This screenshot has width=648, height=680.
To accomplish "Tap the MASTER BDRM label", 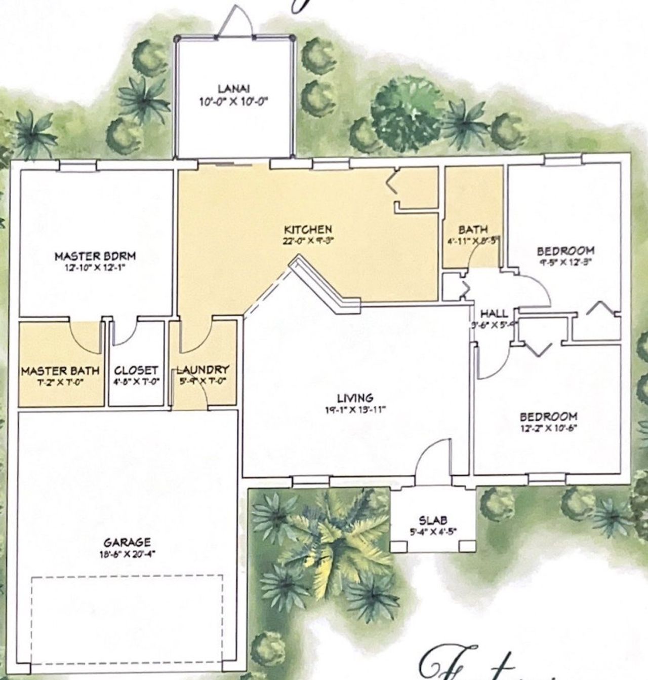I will click(x=95, y=256).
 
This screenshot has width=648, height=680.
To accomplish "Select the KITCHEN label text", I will click(x=308, y=230).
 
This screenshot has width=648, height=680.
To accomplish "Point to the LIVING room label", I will click(x=356, y=398).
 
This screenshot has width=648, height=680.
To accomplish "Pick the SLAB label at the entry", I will click(x=433, y=520).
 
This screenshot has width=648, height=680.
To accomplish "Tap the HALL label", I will click(x=494, y=314).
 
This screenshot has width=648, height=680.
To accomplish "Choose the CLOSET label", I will click(x=136, y=370).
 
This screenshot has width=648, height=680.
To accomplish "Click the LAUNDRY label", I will click(x=202, y=370).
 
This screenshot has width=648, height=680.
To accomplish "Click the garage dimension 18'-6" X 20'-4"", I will click(x=128, y=554).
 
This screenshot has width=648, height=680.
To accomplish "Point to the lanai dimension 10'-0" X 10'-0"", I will click(x=233, y=101).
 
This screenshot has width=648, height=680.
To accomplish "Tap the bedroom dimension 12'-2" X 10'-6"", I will click(x=549, y=427).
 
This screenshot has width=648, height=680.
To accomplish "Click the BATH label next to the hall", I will click(x=473, y=229).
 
